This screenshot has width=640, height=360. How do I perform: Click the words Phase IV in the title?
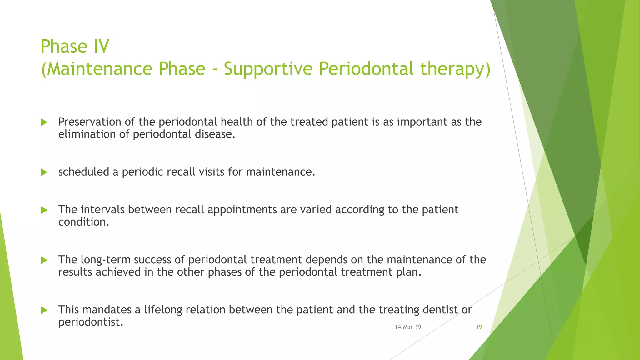click(x=75, y=47)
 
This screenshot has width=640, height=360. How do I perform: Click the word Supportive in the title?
click(x=268, y=69)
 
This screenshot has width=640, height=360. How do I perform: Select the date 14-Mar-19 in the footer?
click(x=408, y=327)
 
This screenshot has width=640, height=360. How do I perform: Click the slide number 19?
click(x=479, y=327)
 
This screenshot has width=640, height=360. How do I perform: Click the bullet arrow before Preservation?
click(x=44, y=122)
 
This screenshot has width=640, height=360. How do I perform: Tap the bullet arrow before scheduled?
click(x=44, y=172)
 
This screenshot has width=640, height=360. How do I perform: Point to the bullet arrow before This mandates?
click(x=44, y=310)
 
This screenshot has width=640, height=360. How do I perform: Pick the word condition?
click(x=83, y=222)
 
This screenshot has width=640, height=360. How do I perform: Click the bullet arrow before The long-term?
click(x=44, y=260)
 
